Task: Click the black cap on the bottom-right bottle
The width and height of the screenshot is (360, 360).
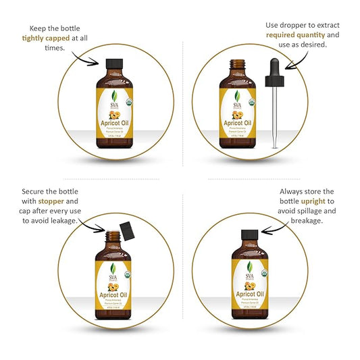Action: coord(245,238)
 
